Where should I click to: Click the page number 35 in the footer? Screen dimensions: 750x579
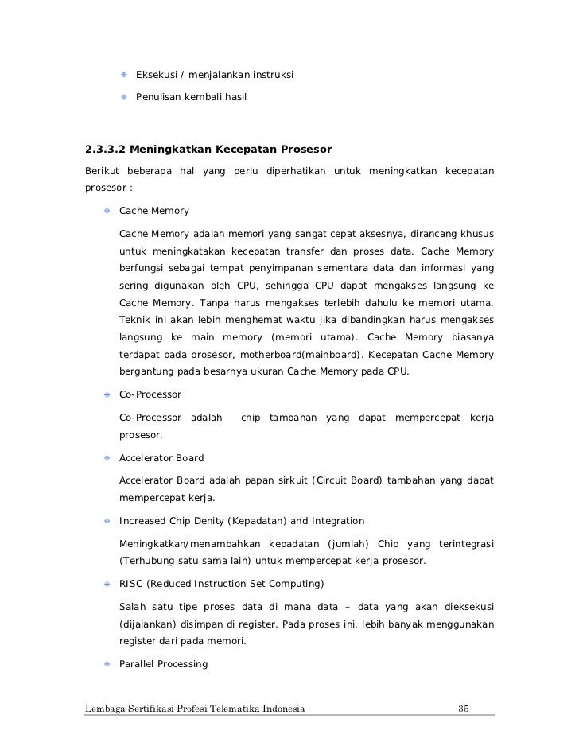coord(464,709)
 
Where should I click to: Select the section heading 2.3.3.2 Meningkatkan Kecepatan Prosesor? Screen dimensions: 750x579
coord(208,149)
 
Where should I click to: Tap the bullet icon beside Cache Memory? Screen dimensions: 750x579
coord(106,211)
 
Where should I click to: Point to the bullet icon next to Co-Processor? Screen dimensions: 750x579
coord(106,394)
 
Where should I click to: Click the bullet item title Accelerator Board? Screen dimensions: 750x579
coord(161,458)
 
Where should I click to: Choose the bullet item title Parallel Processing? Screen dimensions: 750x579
coord(163,663)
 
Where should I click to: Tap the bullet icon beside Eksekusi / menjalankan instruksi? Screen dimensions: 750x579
coord(124,75)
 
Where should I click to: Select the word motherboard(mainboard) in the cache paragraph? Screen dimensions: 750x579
coord(286,355)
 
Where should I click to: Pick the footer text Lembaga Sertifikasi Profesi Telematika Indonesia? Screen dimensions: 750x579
coord(195,709)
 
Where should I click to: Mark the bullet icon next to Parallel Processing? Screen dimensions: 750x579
coord(106,663)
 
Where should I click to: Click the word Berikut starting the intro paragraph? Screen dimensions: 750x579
coord(103,172)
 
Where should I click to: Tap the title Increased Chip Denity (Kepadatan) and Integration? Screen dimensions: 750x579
coord(242,521)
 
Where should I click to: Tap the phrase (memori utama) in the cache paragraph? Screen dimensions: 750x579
coord(315,338)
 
